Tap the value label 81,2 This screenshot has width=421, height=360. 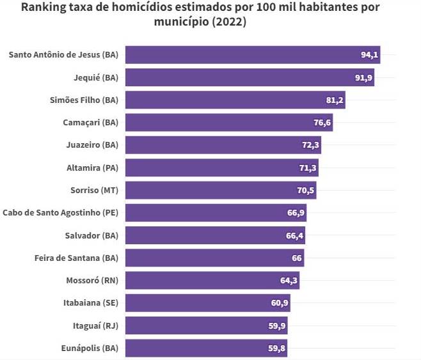point(335,100)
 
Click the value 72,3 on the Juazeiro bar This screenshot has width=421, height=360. point(310,145)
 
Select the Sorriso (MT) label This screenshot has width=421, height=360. point(94,191)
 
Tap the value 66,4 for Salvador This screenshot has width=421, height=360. point(295,236)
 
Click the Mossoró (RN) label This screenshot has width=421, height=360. point(92,281)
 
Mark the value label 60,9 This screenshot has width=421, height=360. point(280,303)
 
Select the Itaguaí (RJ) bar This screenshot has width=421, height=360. point(205,326)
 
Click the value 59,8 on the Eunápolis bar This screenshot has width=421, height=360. point(277,348)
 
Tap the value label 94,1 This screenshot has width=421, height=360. point(370,55)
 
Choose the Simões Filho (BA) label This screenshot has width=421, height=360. point(84,100)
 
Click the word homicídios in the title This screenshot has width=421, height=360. point(135,8)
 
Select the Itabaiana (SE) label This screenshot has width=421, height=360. point(91,303)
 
